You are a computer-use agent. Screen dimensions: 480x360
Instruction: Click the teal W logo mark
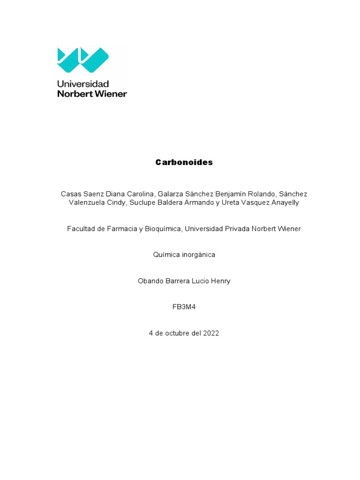[82, 60]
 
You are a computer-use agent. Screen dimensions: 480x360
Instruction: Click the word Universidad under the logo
[82, 84]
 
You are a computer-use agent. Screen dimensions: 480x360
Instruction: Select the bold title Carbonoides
[184, 162]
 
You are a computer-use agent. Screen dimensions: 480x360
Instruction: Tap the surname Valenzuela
[87, 202]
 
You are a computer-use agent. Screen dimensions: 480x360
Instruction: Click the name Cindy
[117, 202]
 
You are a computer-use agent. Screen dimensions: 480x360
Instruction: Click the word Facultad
[82, 229]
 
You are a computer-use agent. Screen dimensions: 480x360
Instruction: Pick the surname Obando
[150, 281]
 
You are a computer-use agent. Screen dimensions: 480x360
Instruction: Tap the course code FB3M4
[184, 307]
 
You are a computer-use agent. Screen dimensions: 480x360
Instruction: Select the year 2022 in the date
[211, 333]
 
